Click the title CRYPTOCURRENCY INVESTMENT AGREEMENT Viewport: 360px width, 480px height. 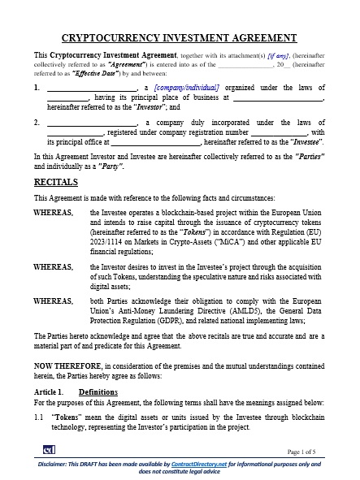click(x=180, y=37)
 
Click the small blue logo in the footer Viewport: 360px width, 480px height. click(x=50, y=450)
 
